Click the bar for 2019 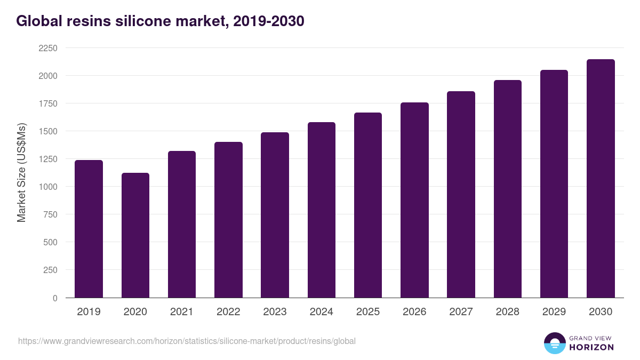89,229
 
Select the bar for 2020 135,235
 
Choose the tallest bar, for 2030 601,179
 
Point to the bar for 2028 508,189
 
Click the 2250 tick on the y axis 47,48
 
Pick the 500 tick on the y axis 50,242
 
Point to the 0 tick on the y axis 55,298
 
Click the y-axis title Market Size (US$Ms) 21,173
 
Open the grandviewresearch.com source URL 187,341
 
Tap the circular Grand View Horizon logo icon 555,343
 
